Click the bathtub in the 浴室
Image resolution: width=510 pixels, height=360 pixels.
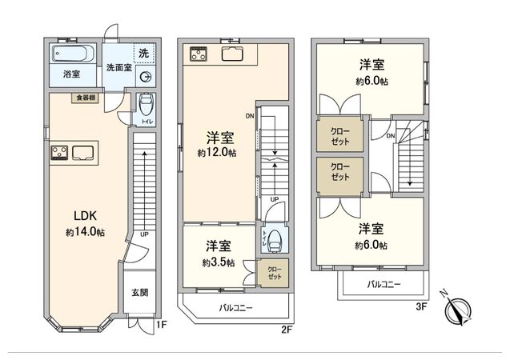[71, 55]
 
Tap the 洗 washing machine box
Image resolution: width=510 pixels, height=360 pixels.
[143, 53]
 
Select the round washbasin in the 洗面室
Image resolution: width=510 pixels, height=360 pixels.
[145, 76]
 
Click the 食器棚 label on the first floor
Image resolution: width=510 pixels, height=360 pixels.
[86, 98]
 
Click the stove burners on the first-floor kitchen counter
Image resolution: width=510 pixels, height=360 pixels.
[59, 153]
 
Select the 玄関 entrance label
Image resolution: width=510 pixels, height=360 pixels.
[139, 293]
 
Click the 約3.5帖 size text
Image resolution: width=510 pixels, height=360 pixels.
[217, 262]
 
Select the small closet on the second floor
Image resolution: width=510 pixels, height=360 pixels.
[275, 272]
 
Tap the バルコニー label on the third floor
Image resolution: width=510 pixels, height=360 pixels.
[384, 284]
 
